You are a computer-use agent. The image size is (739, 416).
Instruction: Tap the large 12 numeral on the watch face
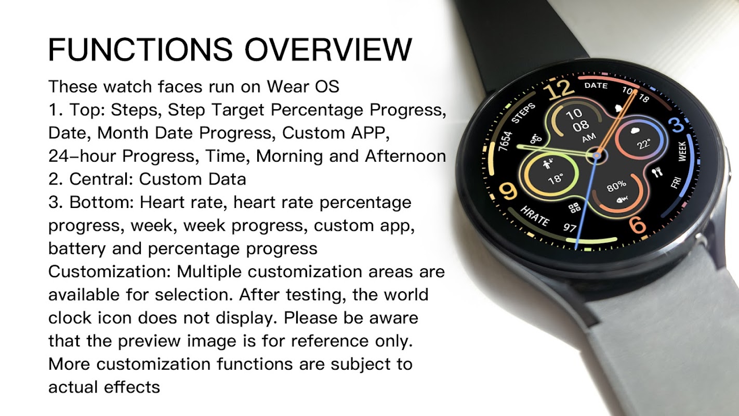tap(559, 89)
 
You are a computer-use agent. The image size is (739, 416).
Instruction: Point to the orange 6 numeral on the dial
tap(637, 225)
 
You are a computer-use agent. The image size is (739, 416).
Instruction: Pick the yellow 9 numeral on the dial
tap(508, 191)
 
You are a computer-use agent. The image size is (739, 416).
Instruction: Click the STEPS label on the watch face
tap(523, 113)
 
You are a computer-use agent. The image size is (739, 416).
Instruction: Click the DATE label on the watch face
tap(596, 85)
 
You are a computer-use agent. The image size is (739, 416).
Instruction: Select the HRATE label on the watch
tap(535, 216)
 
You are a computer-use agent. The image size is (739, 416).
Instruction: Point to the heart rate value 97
tap(570, 227)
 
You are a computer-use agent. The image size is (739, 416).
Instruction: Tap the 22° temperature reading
tap(643, 144)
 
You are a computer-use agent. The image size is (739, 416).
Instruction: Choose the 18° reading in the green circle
tap(556, 179)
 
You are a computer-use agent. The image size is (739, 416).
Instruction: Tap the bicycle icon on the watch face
tap(536, 139)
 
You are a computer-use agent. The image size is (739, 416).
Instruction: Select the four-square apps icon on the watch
tap(574, 207)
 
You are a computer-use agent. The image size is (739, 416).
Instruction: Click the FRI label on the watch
tap(676, 183)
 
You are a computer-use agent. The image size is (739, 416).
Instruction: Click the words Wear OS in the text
tap(303, 86)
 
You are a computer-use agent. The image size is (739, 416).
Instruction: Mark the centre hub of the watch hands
tap(597, 155)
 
